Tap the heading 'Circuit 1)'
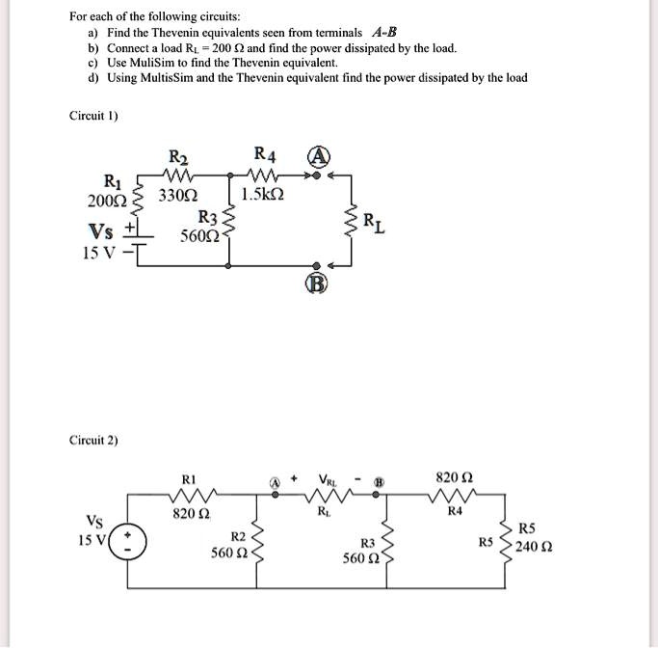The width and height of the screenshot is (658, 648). click(93, 116)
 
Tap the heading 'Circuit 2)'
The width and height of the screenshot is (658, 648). click(93, 440)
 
